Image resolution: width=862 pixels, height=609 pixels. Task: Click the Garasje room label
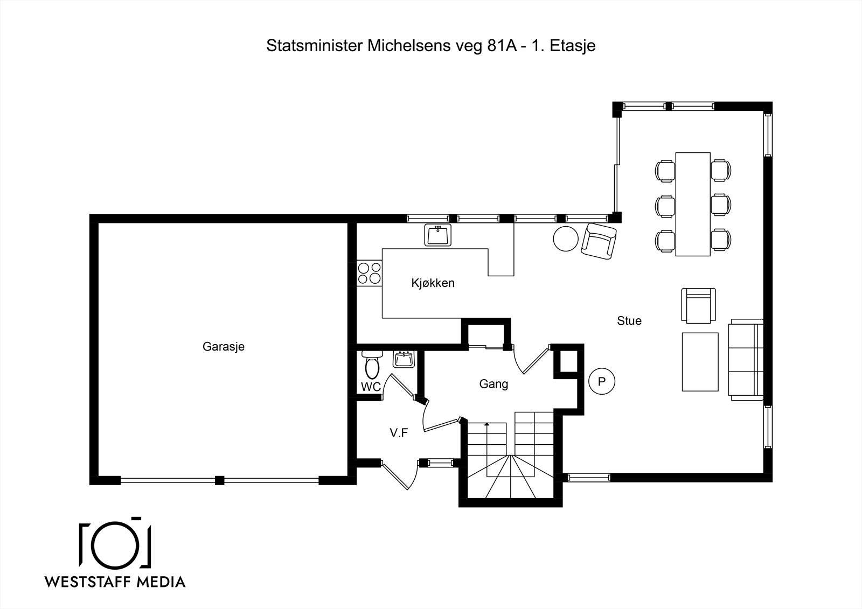(224, 347)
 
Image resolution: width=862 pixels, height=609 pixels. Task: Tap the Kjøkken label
(433, 283)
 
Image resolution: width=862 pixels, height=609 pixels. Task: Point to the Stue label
(629, 321)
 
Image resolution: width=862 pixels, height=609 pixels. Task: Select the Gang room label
(493, 384)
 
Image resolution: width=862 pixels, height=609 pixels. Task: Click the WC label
(371, 387)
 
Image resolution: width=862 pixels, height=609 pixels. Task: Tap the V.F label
(399, 433)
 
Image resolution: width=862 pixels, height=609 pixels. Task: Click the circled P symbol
(602, 381)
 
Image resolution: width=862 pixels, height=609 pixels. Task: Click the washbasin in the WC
(404, 359)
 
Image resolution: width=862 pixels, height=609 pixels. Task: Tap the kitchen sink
(438, 235)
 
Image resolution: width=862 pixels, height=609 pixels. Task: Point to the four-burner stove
(370, 273)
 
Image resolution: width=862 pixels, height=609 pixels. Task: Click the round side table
(566, 239)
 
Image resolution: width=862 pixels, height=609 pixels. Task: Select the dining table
(693, 204)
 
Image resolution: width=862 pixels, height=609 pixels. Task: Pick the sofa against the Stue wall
(746, 360)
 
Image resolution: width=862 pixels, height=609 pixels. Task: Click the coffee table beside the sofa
(700, 362)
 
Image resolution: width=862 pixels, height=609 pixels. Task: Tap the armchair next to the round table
(599, 241)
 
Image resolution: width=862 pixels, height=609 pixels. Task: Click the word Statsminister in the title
(315, 46)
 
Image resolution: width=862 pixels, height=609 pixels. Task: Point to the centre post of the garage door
(219, 480)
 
